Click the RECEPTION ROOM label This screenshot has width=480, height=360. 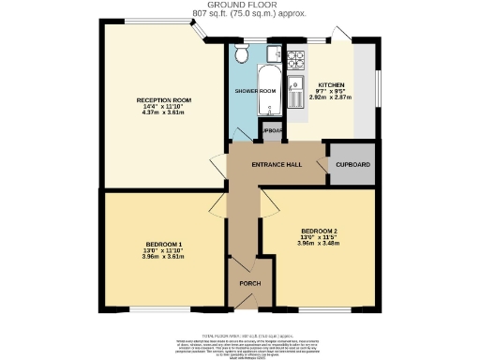(163, 100)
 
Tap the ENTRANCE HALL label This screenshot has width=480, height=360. (277, 165)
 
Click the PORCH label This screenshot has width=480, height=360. (249, 284)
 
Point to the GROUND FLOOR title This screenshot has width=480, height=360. (240, 6)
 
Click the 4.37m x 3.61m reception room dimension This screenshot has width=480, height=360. (163, 113)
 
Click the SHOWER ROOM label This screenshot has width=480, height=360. (255, 91)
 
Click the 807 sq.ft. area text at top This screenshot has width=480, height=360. (240, 14)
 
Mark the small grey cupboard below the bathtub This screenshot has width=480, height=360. (274, 132)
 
